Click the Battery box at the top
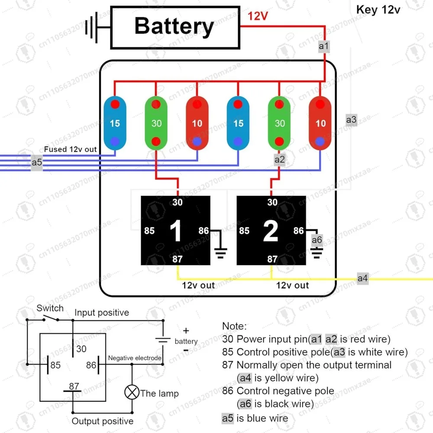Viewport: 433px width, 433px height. click(x=175, y=27)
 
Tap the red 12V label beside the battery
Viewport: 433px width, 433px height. click(x=258, y=16)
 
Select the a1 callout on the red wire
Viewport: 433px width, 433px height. click(x=324, y=46)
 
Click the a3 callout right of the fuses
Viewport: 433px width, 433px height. click(x=352, y=119)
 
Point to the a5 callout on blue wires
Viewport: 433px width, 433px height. click(x=37, y=163)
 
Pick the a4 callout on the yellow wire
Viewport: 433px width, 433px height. click(x=362, y=278)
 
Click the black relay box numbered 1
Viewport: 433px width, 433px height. click(x=176, y=230)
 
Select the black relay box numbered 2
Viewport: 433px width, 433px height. click(x=271, y=230)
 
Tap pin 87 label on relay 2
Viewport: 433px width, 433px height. click(x=272, y=259)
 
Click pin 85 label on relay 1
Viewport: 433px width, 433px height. click(x=149, y=231)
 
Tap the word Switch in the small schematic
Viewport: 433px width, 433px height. click(x=50, y=308)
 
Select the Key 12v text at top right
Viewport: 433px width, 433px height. click(x=378, y=10)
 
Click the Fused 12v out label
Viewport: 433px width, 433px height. click(x=71, y=149)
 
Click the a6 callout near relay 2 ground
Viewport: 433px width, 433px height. click(x=317, y=240)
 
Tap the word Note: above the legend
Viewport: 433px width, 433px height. click(x=234, y=326)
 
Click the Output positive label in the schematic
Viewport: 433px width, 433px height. click(x=103, y=421)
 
